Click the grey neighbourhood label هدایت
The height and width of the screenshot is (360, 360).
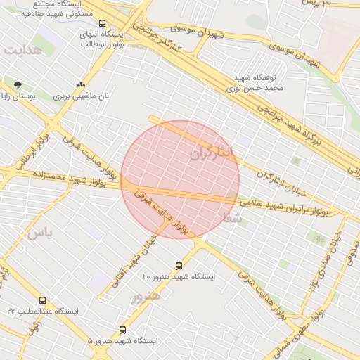click(x=22, y=51)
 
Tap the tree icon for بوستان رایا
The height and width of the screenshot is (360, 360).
click(x=18, y=85)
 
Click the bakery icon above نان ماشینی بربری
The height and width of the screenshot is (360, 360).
click(x=81, y=84)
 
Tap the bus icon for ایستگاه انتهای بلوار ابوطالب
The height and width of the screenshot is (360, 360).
click(x=103, y=23)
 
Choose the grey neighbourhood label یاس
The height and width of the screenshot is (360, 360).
click(x=39, y=234)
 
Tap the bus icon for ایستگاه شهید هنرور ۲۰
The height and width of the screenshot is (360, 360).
click(x=179, y=266)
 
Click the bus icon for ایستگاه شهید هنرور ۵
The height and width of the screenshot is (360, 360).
click(x=123, y=329)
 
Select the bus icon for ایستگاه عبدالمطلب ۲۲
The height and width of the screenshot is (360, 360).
click(x=42, y=300)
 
